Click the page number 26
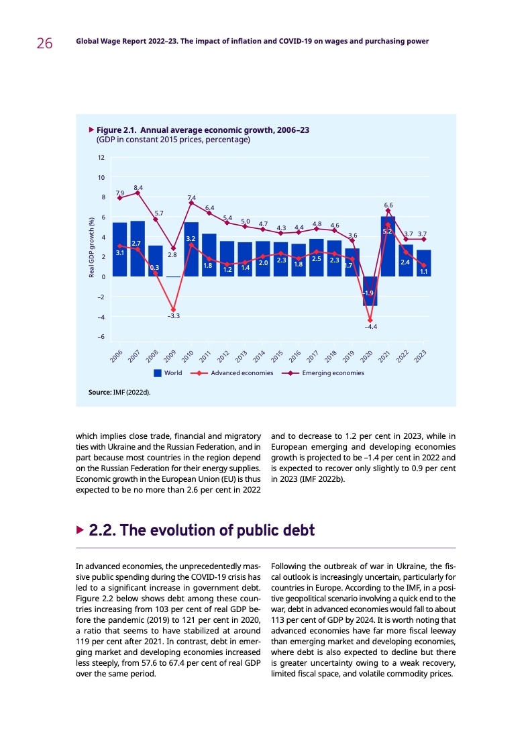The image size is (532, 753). tap(44, 44)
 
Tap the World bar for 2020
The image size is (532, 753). tap(370, 291)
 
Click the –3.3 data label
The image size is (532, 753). tap(173, 315)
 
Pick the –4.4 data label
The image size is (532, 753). tap(371, 327)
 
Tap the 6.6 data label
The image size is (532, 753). tap(388, 205)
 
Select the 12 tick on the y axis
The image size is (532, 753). tap(101, 158)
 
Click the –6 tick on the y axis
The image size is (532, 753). tap(100, 337)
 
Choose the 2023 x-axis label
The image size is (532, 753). tap(421, 356)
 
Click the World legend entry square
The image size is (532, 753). tap(158, 373)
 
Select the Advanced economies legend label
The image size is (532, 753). tap(242, 373)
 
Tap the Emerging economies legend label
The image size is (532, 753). tap(333, 373)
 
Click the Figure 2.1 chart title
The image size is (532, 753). tap(203, 130)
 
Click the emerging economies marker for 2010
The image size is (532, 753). tap(191, 203)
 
